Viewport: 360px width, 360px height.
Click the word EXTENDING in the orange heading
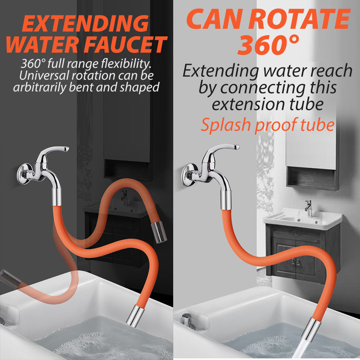click(85, 23)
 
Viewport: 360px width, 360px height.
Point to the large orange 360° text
click(268, 45)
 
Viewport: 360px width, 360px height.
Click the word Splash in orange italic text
click(226, 125)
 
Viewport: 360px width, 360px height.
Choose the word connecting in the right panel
click(263, 88)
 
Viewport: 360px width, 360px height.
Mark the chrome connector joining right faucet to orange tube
click(225, 200)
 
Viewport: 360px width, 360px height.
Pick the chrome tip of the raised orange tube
click(159, 232)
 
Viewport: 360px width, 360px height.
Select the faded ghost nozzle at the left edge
click(10, 279)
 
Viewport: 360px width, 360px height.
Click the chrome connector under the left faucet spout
click(57, 197)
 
